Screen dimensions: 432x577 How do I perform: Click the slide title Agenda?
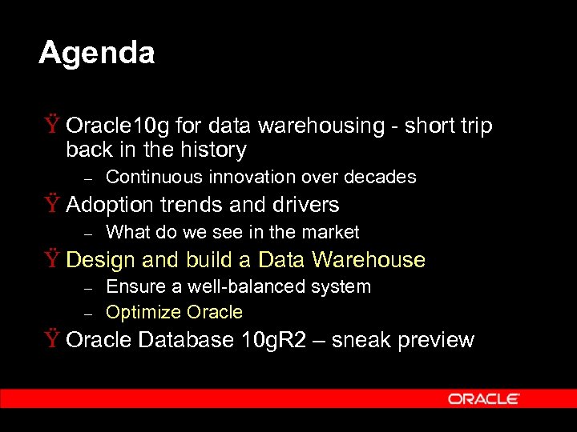(x=96, y=54)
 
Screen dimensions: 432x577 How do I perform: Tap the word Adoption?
(x=110, y=206)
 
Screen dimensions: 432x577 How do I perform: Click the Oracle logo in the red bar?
(x=484, y=398)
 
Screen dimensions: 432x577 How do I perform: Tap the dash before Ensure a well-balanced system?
(x=89, y=287)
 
